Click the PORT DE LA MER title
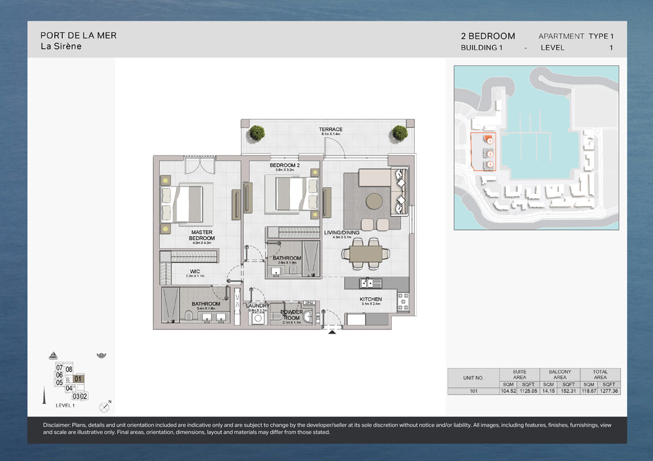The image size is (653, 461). [78, 35]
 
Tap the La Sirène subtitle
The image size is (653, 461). [61, 47]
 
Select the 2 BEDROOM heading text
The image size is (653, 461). [487, 36]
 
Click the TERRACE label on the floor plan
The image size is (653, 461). [331, 130]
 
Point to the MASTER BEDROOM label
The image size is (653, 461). [201, 235]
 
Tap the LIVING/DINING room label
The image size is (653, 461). [341, 233]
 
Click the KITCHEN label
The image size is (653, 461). [370, 300]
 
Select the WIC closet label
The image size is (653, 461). [195, 271]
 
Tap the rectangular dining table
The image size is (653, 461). [366, 254]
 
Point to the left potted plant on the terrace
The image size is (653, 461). [257, 133]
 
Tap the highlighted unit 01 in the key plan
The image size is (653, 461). [78, 379]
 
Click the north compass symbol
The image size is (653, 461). [104, 407]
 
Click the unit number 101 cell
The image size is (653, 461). [473, 391]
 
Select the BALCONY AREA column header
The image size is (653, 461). [560, 375]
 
